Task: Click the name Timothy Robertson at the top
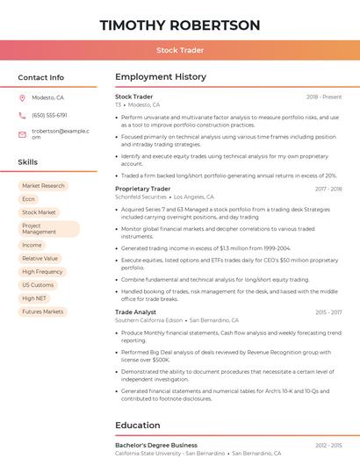click(180, 25)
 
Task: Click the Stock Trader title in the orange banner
click(180, 50)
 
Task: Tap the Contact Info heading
click(40, 77)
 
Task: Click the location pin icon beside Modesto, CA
click(22, 97)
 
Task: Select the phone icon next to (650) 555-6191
click(22, 115)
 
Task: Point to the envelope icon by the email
click(22, 134)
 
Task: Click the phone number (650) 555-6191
click(49, 115)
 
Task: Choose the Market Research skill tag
click(43, 186)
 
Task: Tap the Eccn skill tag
click(29, 199)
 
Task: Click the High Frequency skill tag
click(42, 272)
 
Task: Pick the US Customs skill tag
click(38, 285)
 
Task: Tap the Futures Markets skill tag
click(43, 311)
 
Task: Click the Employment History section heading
click(161, 77)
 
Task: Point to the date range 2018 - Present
click(324, 97)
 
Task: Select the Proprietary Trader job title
click(142, 189)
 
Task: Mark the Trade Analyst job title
click(135, 311)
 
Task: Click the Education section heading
click(138, 426)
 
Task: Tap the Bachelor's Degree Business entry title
click(156, 445)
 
